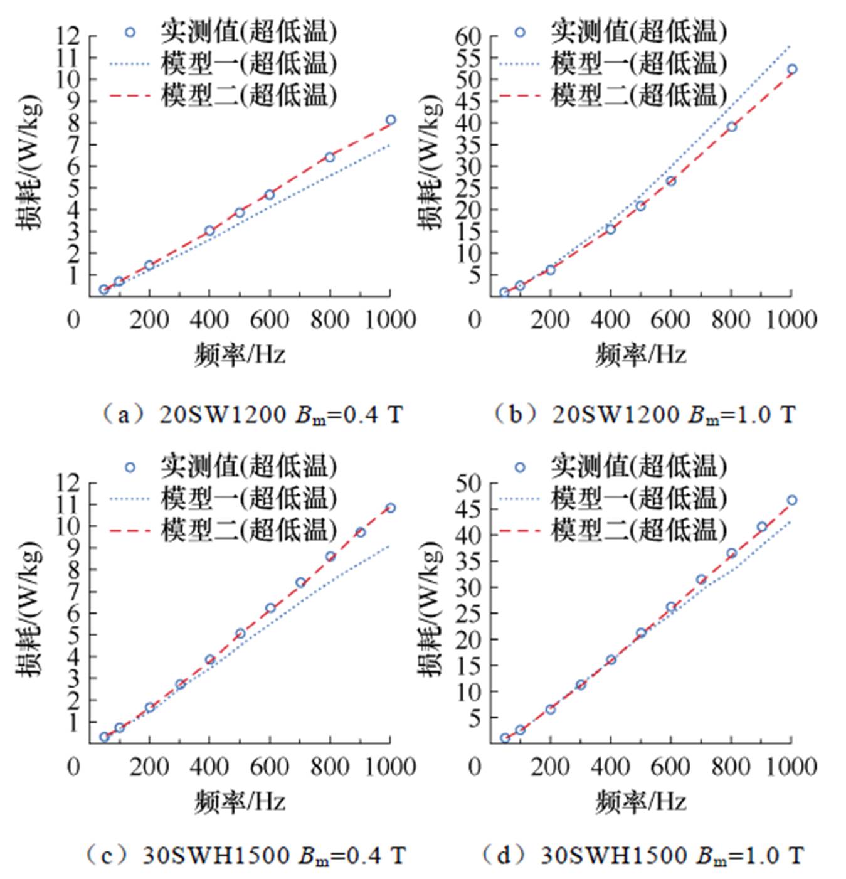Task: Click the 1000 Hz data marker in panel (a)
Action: tap(391, 120)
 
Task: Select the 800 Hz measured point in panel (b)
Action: tap(731, 127)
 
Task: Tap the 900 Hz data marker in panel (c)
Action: tap(361, 532)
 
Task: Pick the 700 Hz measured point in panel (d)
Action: tap(701, 580)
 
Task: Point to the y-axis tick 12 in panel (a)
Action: tap(70, 36)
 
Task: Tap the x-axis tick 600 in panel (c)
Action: tap(270, 766)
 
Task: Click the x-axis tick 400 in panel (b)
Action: tap(610, 319)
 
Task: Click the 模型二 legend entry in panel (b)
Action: tap(638, 95)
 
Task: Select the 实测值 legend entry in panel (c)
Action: tap(248, 467)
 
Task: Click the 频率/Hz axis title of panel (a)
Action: tap(240, 355)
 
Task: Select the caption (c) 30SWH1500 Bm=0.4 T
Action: tap(245, 855)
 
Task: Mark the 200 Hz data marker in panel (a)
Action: tap(149, 265)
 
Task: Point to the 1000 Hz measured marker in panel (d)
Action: tap(792, 500)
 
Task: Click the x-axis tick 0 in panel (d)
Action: tap(475, 766)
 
